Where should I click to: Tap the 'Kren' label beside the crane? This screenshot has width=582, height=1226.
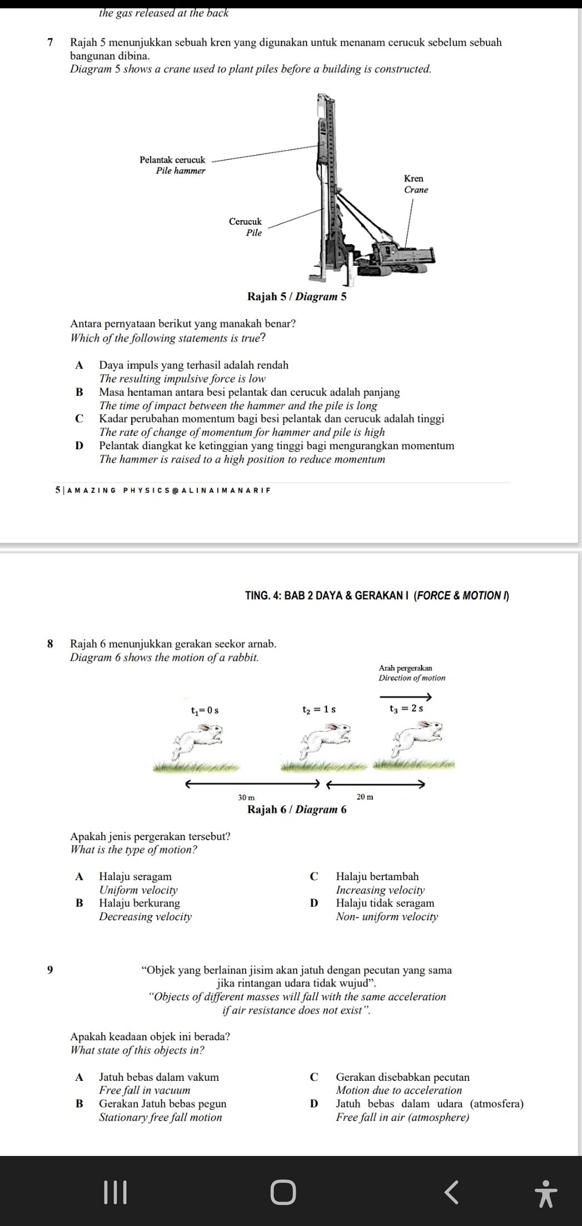(414, 178)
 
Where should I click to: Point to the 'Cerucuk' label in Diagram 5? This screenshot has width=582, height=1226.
(245, 221)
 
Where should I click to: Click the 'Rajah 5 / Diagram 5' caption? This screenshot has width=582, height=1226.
(297, 296)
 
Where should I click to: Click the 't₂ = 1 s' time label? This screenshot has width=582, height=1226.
(319, 709)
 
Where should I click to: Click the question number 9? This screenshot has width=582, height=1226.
(51, 970)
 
